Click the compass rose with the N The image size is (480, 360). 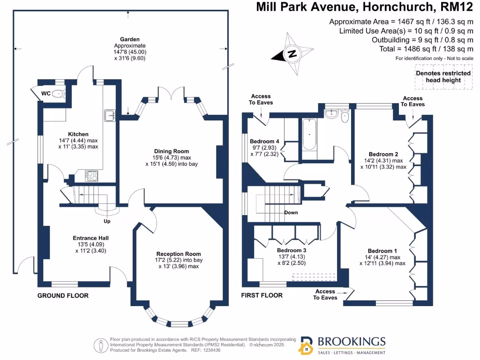click(292, 53)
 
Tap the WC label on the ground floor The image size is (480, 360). click(45, 93)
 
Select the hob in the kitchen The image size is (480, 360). click(91, 176)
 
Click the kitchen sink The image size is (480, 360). click(110, 115)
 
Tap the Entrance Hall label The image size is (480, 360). click(91, 238)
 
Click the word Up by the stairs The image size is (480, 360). click(107, 220)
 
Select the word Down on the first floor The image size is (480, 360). click(291, 212)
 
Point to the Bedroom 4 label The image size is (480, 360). click(264, 141)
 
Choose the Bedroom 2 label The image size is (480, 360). click(383, 154)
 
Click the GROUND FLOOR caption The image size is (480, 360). click(63, 295)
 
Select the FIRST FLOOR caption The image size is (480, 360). click(262, 295)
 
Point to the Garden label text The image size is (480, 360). click(130, 39)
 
